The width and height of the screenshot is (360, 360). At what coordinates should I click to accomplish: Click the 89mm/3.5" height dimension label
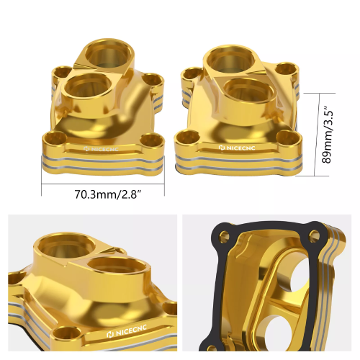pos(329,137)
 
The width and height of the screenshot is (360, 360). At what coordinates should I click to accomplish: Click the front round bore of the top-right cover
pos(244,94)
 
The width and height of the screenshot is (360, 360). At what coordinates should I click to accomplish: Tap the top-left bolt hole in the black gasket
pos(225,235)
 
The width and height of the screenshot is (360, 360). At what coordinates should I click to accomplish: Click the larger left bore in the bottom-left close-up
pos(60,249)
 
